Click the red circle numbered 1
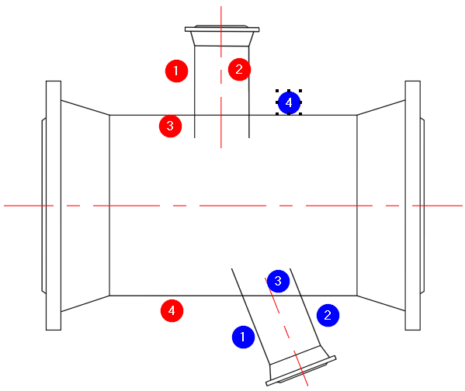pyautogui.click(x=176, y=71)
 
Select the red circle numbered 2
pyautogui.click(x=239, y=69)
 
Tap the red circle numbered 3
pyautogui.click(x=170, y=126)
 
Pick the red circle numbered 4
pyautogui.click(x=172, y=310)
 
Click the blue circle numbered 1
pyautogui.click(x=243, y=337)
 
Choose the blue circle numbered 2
pyautogui.click(x=328, y=316)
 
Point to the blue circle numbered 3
pyautogui.click(x=278, y=281)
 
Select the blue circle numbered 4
pyautogui.click(x=289, y=102)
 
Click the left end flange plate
pyautogui.click(x=54, y=206)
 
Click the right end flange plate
pyautogui.click(x=413, y=206)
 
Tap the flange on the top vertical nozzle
pyautogui.click(x=222, y=29)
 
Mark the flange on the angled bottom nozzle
pyautogui.click(x=301, y=371)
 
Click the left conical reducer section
pyautogui.click(x=85, y=206)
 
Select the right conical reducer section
pyautogui.click(x=381, y=206)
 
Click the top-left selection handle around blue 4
pyautogui.click(x=277, y=91)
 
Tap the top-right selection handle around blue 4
pyautogui.click(x=300, y=91)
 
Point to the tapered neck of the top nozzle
pyautogui.click(x=222, y=39)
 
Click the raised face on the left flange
pyautogui.click(x=44, y=206)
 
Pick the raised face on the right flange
pyautogui.click(x=422, y=206)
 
